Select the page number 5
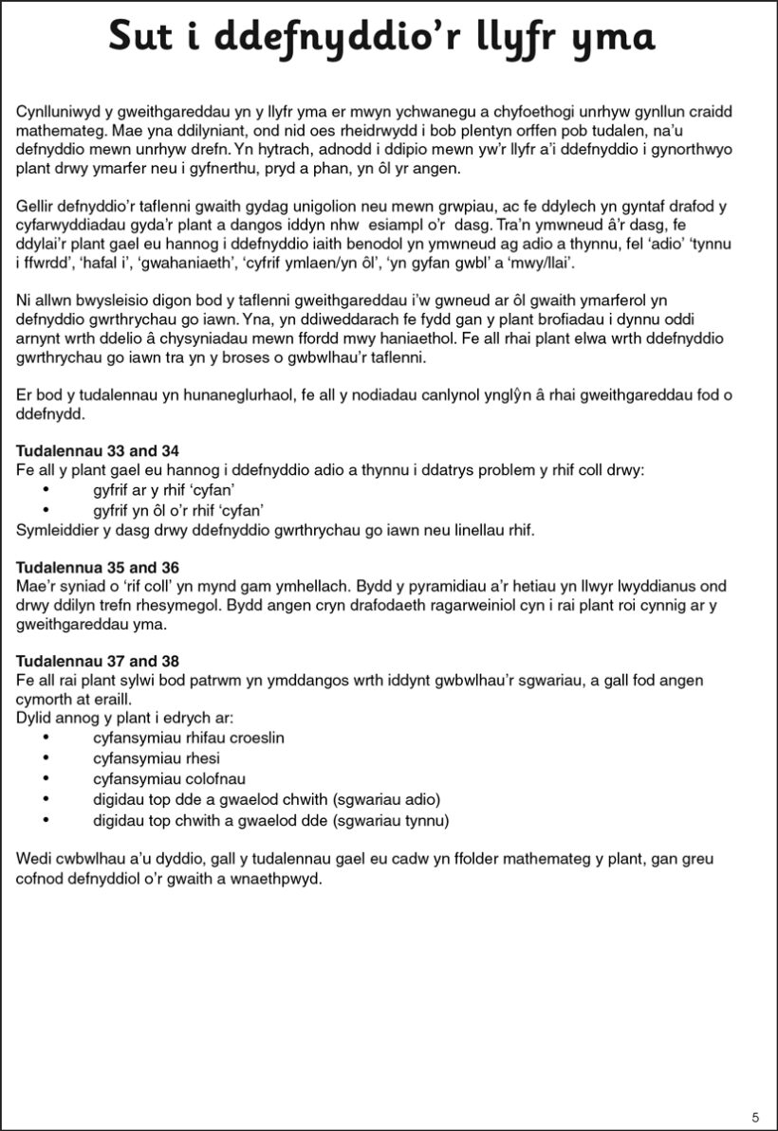pyautogui.click(x=755, y=1117)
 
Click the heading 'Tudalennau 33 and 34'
pyautogui.click(x=99, y=450)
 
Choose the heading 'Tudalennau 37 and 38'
pyautogui.click(x=99, y=660)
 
